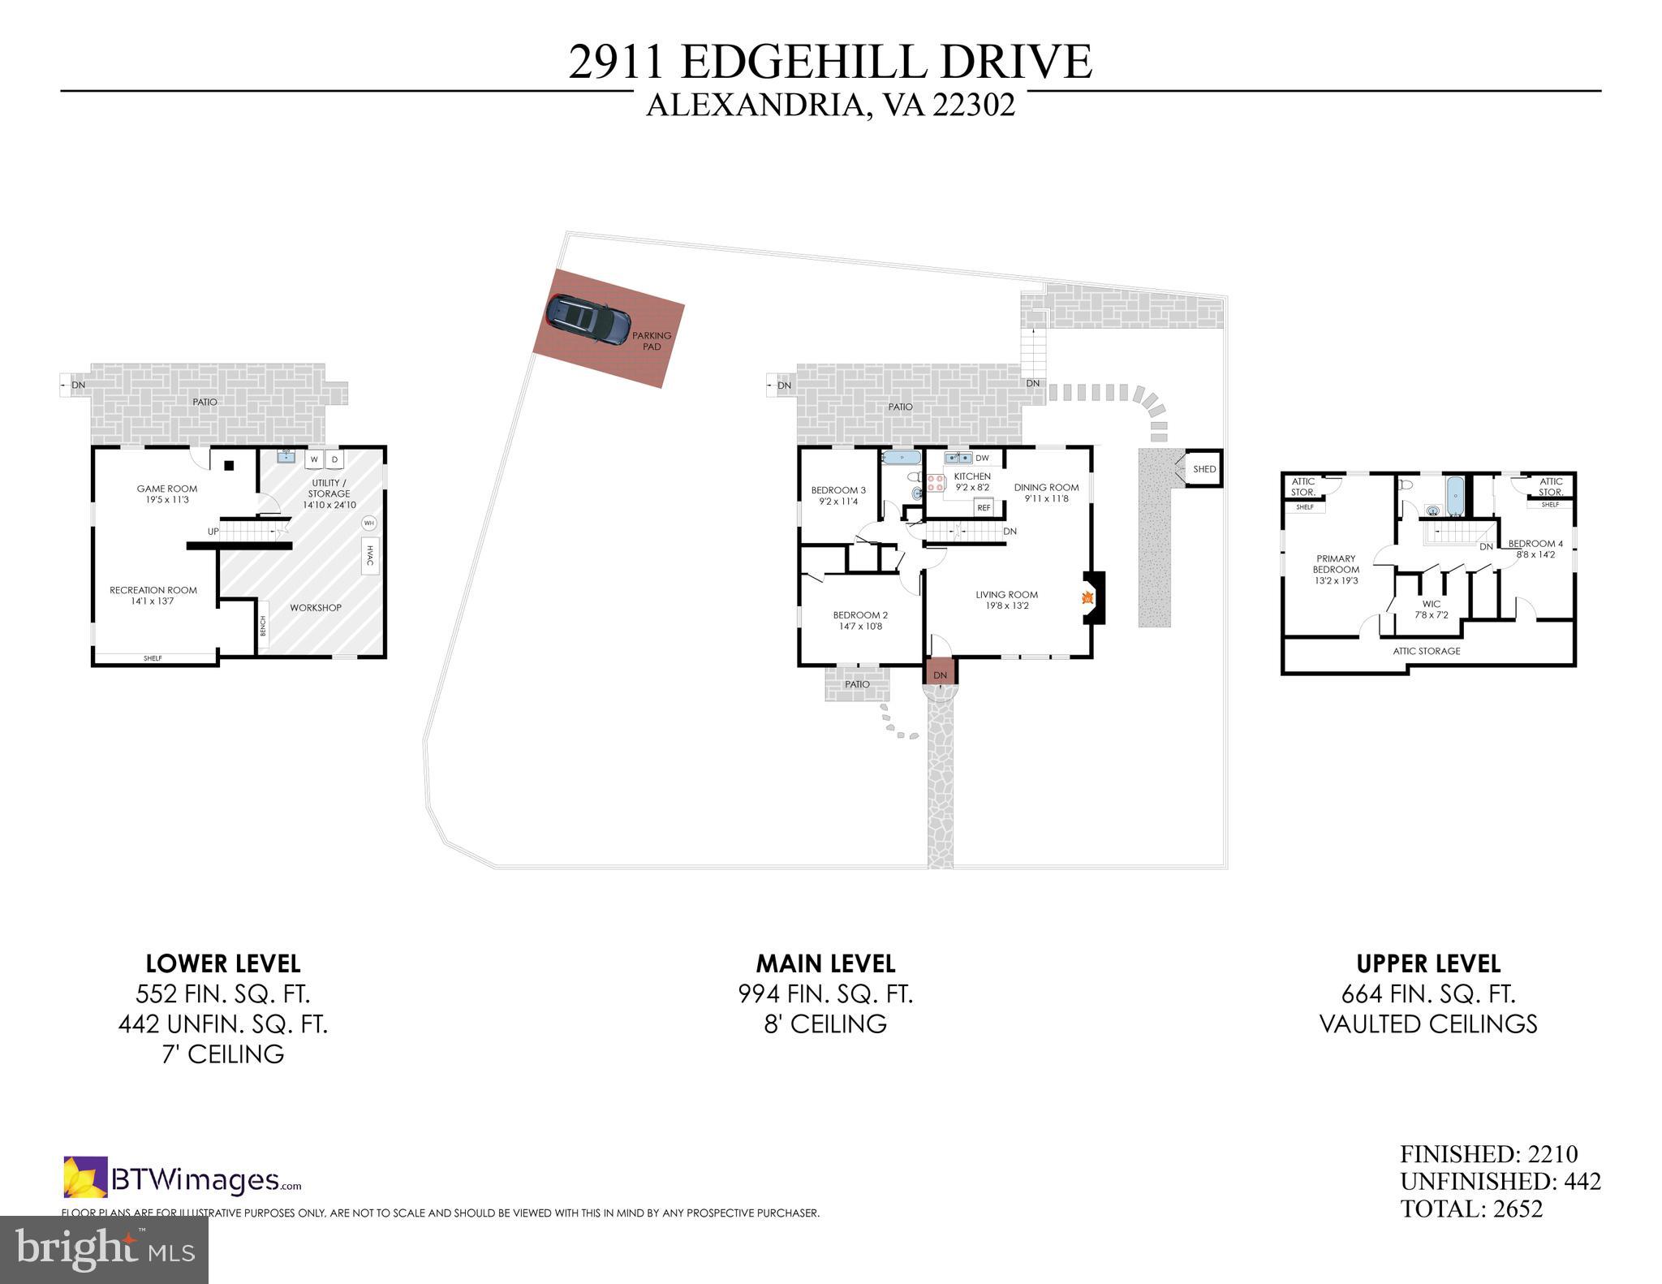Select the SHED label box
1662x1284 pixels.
pos(1204,469)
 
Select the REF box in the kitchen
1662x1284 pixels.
pos(984,508)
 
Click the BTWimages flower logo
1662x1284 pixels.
pos(85,1178)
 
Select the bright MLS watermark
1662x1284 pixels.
pos(104,1249)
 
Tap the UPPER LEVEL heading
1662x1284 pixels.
pos(1428,963)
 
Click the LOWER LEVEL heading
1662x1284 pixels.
pos(223,963)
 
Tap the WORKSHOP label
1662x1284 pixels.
pos(316,608)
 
